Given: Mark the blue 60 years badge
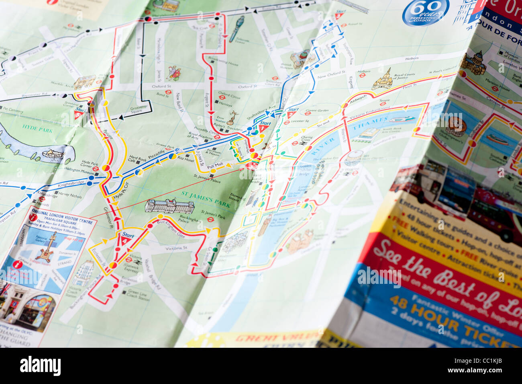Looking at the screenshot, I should pyautogui.click(x=425, y=12).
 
